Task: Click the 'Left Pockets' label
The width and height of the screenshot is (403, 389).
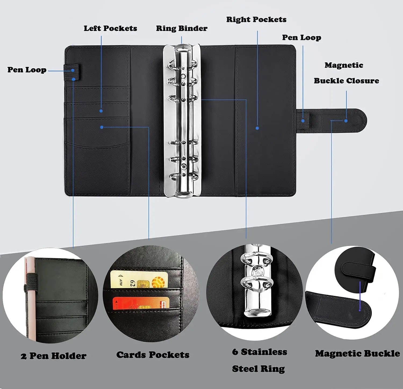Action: click(x=110, y=28)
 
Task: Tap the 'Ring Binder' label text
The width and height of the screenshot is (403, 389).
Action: click(x=182, y=28)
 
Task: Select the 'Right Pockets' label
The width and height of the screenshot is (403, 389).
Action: click(x=256, y=19)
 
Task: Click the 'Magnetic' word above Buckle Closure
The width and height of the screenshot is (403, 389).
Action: click(x=344, y=65)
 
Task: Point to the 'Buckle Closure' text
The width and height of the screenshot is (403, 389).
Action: click(x=346, y=81)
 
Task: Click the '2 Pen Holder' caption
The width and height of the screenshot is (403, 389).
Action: click(x=53, y=356)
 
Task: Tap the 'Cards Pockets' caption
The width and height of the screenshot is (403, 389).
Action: click(x=153, y=355)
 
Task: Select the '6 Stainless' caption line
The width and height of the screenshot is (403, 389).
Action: click(x=260, y=352)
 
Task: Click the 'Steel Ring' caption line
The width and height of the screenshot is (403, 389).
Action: click(x=258, y=369)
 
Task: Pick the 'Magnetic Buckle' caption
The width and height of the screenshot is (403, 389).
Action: click(x=357, y=354)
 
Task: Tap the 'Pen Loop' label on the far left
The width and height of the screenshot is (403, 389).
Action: click(x=27, y=70)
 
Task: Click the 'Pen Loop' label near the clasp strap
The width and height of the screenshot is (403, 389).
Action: click(x=301, y=38)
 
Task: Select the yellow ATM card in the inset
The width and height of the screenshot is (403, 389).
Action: click(x=139, y=279)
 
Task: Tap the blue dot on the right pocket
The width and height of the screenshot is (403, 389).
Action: click(x=257, y=128)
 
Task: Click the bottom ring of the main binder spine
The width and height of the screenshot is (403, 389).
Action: click(x=184, y=177)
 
